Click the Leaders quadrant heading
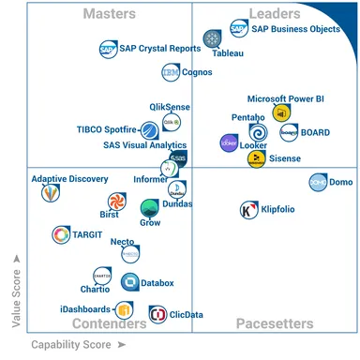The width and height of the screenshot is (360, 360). (275, 14)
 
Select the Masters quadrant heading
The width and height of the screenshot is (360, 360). (110, 14)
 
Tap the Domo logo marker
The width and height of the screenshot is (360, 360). (319, 182)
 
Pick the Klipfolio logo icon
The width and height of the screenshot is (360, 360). (249, 210)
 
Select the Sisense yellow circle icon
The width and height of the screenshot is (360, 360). (255, 158)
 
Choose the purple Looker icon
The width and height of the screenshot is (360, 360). (228, 142)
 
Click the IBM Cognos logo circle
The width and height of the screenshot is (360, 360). (170, 71)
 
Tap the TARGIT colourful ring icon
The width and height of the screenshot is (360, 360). (62, 234)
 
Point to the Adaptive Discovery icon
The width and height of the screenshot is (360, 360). (49, 193)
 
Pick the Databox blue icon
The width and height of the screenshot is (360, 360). (129, 281)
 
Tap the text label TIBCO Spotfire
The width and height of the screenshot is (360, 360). (108, 128)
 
